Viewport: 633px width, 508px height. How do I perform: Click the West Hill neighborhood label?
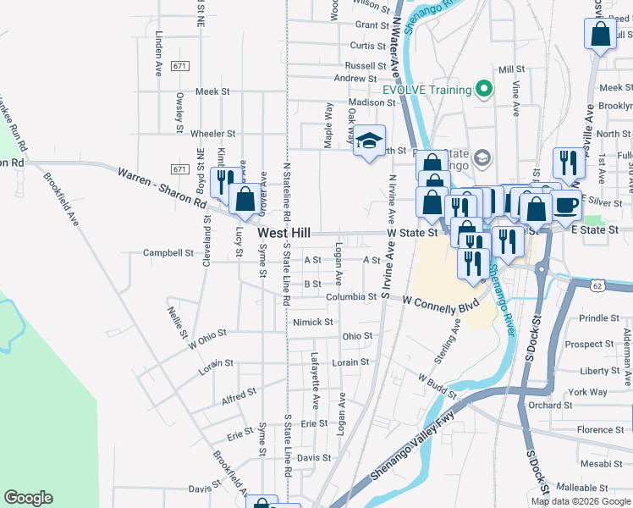283,232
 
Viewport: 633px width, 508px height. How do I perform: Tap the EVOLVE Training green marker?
484,88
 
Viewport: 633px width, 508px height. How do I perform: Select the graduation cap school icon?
369,141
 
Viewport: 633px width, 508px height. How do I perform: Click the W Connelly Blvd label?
440,301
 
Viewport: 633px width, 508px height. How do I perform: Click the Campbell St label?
168,252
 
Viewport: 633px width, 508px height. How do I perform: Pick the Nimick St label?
313,322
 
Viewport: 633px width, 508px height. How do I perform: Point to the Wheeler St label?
212,134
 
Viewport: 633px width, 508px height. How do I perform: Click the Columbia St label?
353,297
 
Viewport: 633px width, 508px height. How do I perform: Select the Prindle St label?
599,317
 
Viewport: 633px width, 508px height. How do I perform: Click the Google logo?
28,498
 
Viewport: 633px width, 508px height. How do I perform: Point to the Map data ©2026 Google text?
581,501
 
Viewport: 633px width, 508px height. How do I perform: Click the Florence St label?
600,430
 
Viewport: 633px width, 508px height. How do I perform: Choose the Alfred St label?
239,395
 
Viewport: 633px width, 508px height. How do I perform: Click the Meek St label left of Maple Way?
212,91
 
